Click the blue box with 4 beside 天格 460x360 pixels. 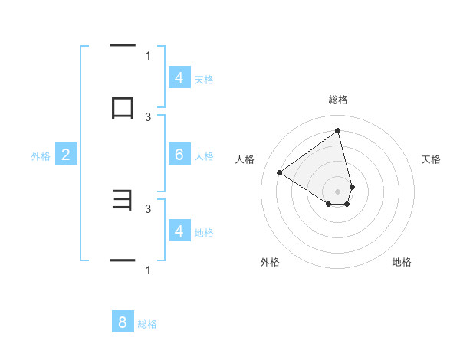[x=179, y=78]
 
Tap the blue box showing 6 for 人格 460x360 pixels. [x=179, y=155]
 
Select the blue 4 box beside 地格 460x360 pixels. [x=179, y=231]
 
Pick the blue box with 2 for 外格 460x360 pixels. [x=65, y=155]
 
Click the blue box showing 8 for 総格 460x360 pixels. [x=123, y=322]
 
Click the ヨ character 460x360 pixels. [x=123, y=200]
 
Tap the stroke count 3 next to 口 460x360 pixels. [x=148, y=117]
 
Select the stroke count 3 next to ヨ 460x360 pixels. [x=148, y=208]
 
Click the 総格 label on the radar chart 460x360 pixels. [x=338, y=100]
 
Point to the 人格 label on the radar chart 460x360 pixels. [x=245, y=159]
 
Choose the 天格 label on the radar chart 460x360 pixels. [x=431, y=159]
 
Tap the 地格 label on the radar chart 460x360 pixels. [x=402, y=262]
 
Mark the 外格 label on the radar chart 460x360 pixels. [x=270, y=262]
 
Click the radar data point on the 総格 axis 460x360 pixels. [x=338, y=130]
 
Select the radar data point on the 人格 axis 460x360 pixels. [x=279, y=172]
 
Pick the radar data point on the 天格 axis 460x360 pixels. [x=353, y=186]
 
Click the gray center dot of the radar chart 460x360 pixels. [x=338, y=191]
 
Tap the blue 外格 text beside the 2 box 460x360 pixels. [x=41, y=156]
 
